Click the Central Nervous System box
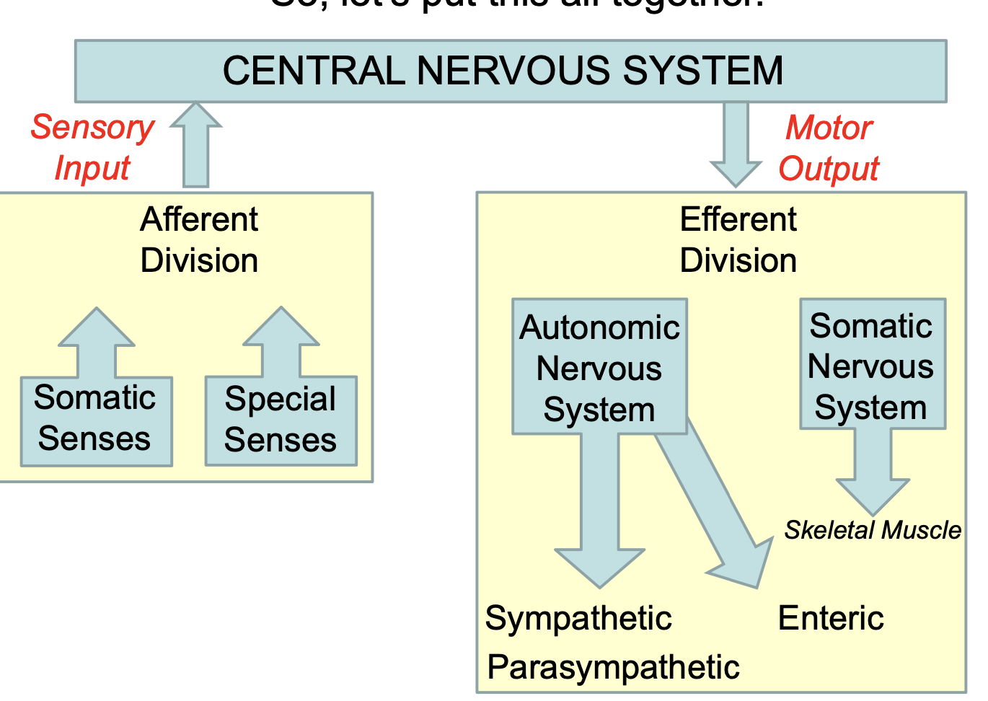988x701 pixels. coord(510,71)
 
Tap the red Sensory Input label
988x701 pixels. coord(92,147)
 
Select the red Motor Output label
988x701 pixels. coord(829,148)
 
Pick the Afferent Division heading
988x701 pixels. coord(199,239)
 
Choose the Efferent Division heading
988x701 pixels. coord(738,239)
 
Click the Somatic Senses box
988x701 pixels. coord(96,420)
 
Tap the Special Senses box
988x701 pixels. coord(281,420)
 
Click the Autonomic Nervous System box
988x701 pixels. coord(599,367)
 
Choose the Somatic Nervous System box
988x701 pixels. coord(872,365)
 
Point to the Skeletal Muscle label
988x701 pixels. coord(873,530)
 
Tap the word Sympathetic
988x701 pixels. coord(578,618)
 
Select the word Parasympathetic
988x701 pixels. coord(613,667)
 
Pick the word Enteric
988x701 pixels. coord(831,618)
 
